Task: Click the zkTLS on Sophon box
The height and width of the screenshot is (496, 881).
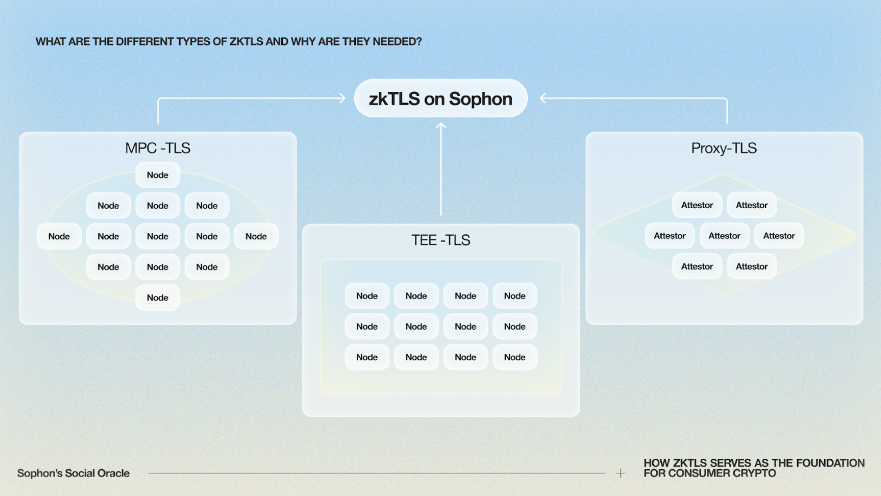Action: click(440, 98)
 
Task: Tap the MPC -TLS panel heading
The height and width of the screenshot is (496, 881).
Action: click(158, 148)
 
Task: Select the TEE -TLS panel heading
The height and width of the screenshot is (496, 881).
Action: click(440, 240)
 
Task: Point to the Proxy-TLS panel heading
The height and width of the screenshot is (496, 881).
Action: click(724, 148)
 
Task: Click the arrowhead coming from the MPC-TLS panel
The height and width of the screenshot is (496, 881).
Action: click(342, 98)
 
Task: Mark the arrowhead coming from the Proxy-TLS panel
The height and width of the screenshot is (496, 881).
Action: click(543, 98)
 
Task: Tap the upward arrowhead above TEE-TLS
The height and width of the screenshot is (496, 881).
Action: click(441, 125)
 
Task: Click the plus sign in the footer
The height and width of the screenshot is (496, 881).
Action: click(620, 473)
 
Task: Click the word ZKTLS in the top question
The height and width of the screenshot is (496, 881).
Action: click(246, 41)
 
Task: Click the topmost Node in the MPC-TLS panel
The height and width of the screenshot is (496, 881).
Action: click(158, 175)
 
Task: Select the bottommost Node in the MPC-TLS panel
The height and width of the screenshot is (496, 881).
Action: click(158, 298)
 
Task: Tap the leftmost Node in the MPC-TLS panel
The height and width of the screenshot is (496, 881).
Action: click(59, 236)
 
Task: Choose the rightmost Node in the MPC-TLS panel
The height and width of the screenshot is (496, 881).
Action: click(256, 236)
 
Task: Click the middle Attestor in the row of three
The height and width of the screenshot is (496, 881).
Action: click(725, 236)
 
